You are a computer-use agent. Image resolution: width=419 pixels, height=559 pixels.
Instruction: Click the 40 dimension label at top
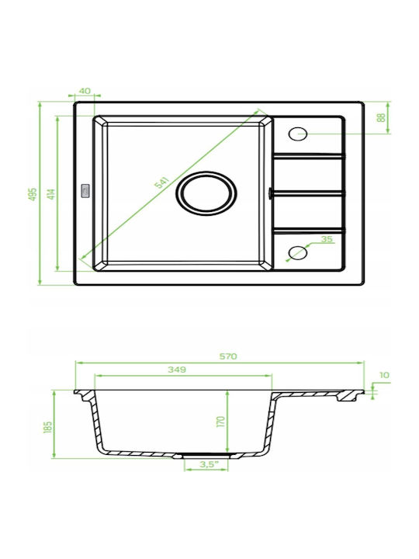click(85, 91)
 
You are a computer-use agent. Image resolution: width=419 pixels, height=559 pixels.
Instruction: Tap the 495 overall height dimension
click(33, 194)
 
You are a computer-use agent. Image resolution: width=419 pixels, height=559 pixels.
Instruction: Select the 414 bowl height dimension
click(51, 194)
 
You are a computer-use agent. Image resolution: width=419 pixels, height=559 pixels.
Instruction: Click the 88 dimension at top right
click(381, 118)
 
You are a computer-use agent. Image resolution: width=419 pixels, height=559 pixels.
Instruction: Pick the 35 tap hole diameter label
click(327, 239)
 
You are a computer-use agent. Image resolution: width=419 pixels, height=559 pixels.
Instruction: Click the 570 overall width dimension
click(228, 356)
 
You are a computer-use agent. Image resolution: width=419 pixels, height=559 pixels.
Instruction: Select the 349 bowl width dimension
click(177, 370)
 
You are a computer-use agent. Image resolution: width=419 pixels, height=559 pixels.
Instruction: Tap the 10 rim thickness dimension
click(385, 375)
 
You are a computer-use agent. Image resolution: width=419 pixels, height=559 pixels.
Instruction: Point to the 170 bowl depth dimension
click(221, 422)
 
